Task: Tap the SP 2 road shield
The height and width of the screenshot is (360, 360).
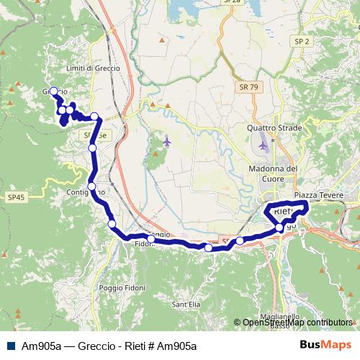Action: (x=302, y=42)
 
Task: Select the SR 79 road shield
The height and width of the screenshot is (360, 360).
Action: (x=248, y=86)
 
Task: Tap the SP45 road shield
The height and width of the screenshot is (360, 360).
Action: (x=15, y=197)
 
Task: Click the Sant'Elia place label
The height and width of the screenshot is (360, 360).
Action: (x=185, y=305)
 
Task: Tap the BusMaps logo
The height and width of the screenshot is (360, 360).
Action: (x=326, y=346)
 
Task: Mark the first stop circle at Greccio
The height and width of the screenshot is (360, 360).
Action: (x=53, y=91)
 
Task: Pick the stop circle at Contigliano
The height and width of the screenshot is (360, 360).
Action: (x=91, y=187)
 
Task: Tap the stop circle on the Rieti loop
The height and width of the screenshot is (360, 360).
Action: (x=279, y=228)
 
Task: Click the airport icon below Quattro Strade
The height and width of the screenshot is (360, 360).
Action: (x=263, y=145)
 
